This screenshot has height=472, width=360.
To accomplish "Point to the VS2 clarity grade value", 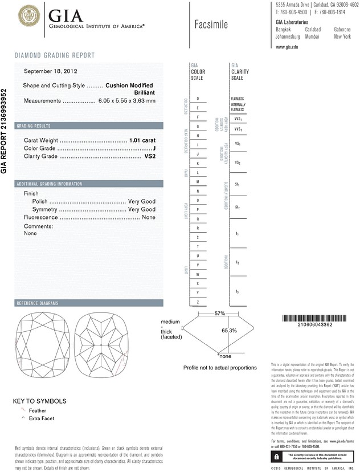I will coord(148,156).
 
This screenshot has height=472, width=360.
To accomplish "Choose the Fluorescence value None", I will coord(149,218).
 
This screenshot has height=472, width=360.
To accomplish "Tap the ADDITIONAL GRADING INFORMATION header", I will coord(50,184).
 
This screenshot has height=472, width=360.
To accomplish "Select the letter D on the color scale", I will coord(197,99).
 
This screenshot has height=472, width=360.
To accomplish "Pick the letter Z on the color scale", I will coord(197,302).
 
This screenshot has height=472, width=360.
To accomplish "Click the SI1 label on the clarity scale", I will coord(237,185).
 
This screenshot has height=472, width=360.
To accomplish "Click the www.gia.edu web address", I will coord(287,47).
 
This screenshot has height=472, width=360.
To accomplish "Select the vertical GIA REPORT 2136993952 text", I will coord(5,131).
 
